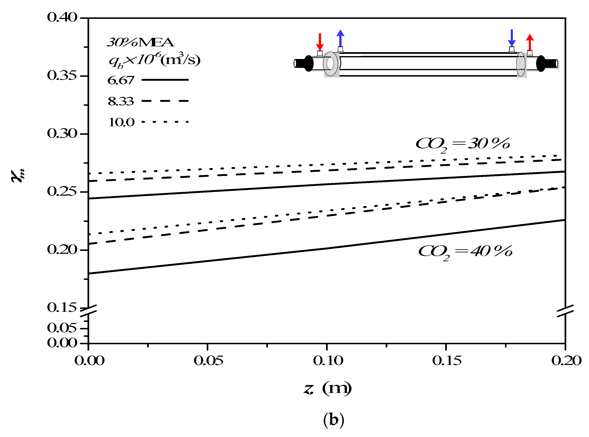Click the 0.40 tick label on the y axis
[62, 17]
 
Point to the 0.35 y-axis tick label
[62, 76]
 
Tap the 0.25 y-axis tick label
[62, 191]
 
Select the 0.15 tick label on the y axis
[62, 307]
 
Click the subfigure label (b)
[334, 420]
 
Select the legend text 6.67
[121, 80]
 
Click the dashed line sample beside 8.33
[165, 101]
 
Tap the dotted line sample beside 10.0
[165, 122]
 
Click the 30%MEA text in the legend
[141, 42]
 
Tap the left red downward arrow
[320, 42]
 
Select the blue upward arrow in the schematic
[341, 38]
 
